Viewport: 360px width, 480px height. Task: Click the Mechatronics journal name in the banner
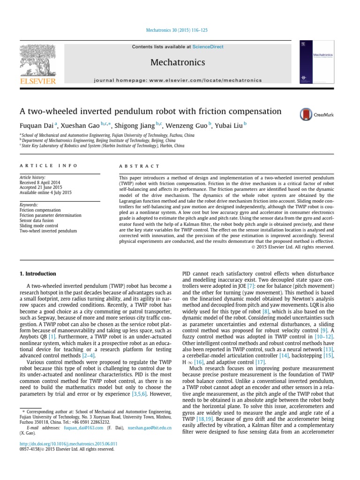click(178, 62)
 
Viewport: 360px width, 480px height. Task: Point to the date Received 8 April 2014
click(40, 183)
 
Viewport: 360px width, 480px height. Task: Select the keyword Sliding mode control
click(38, 225)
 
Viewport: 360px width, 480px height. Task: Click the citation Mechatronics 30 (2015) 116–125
click(180, 30)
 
